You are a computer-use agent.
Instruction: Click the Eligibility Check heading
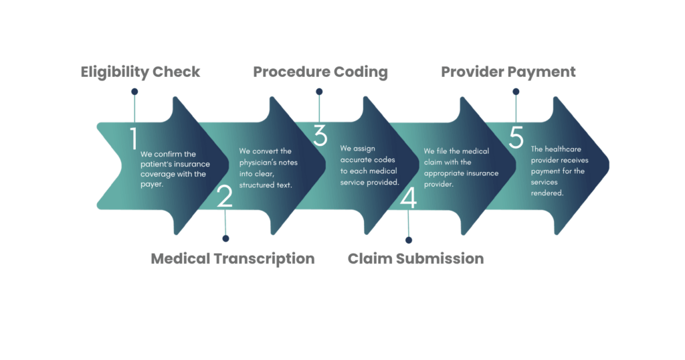click(x=140, y=72)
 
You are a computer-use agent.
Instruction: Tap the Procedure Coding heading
click(x=320, y=72)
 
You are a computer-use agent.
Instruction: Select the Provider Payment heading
click(x=508, y=72)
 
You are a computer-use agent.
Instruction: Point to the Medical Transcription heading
click(x=232, y=259)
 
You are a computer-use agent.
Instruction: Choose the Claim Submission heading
click(x=415, y=259)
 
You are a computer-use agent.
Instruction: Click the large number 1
click(x=134, y=139)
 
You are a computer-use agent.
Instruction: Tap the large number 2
click(x=225, y=196)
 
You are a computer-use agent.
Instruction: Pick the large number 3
click(x=320, y=135)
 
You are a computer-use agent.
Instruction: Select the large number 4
click(x=409, y=197)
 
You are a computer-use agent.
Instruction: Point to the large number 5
click(x=516, y=137)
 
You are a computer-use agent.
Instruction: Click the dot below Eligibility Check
click(x=134, y=92)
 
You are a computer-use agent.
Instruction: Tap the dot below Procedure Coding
click(x=319, y=92)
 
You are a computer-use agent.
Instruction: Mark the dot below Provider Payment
click(x=516, y=92)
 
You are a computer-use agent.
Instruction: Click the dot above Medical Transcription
click(x=225, y=238)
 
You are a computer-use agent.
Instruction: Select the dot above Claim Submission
click(x=409, y=240)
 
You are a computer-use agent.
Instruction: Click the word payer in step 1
click(x=152, y=185)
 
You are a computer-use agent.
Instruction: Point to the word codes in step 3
click(x=385, y=160)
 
